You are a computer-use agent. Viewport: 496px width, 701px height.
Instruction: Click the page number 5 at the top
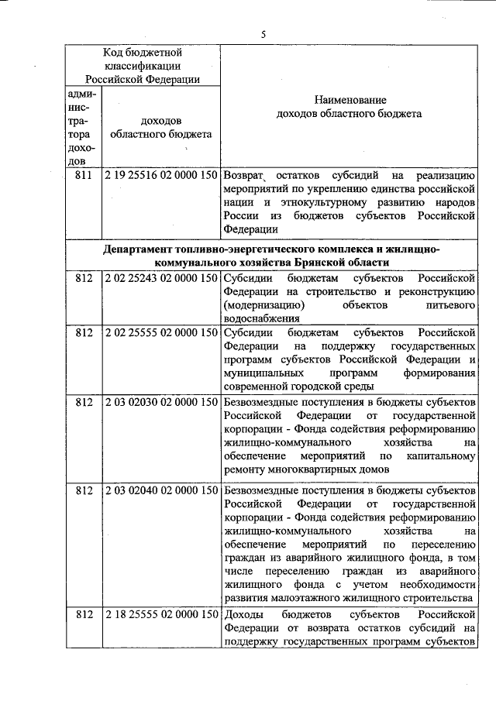pos(263,34)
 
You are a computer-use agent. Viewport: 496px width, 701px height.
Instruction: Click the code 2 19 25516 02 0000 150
pos(160,175)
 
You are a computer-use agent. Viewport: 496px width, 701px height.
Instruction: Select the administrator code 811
pos(83,175)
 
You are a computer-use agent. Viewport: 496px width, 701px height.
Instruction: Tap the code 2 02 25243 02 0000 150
pos(160,277)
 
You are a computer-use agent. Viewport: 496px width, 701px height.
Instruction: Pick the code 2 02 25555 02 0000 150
pos(160,332)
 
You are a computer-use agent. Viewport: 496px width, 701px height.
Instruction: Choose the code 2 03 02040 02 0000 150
pos(160,492)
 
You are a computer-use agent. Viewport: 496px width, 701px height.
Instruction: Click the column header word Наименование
pos(349,101)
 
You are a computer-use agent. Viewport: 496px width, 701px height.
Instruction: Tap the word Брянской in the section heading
pos(343,263)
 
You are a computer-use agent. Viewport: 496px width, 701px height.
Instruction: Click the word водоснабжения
pos(261,318)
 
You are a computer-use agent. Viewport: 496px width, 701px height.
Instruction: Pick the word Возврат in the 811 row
pos(244,175)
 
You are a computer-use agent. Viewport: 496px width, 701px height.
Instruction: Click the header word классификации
pos(142,65)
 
